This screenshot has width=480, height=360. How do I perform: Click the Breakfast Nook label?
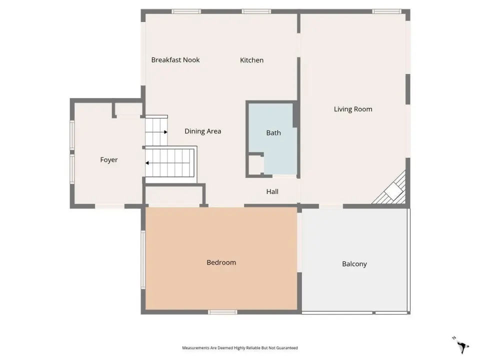(x=175, y=60)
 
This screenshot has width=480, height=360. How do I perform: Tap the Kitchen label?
(x=251, y=60)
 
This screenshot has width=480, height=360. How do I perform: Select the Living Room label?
(x=353, y=109)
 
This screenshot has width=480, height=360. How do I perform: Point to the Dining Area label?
(x=202, y=131)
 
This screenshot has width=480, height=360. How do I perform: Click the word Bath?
(x=273, y=133)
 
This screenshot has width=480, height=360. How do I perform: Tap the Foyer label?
(x=109, y=160)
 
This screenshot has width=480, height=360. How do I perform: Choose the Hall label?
(x=272, y=191)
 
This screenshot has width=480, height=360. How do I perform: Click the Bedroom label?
(x=221, y=262)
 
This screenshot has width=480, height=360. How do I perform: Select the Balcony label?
(x=354, y=264)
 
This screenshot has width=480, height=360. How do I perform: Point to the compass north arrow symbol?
(x=461, y=345)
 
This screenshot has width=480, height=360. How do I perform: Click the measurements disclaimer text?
(x=240, y=348)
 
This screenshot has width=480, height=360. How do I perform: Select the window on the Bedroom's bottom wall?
(x=222, y=312)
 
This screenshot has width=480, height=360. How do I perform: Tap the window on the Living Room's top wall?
(x=387, y=11)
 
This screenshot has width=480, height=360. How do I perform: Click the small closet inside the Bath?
(x=256, y=165)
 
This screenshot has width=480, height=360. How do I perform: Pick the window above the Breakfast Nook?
(x=186, y=11)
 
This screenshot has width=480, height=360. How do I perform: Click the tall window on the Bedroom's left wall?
(x=143, y=259)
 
